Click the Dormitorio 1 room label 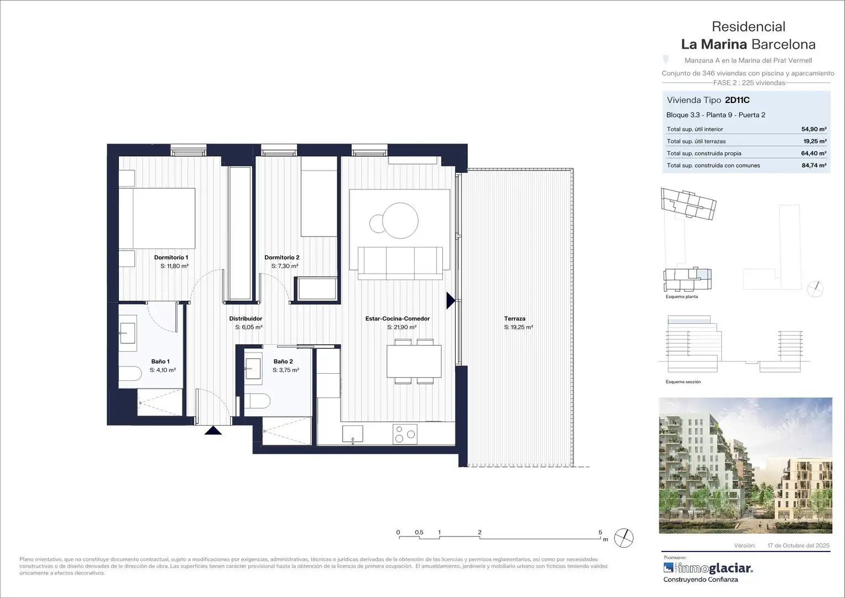[171, 257]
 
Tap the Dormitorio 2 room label [282, 257]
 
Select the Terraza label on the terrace [514, 318]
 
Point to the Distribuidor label [246, 318]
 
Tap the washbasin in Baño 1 [128, 333]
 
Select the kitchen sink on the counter [353, 434]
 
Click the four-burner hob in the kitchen [405, 434]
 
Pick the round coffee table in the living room [400, 220]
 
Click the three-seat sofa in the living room [400, 264]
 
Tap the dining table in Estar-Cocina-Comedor [414, 361]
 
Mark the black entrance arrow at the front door [213, 430]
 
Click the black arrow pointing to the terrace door [451, 301]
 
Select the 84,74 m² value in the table [814, 165]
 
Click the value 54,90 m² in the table [814, 129]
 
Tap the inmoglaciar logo [708, 568]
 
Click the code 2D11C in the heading [737, 100]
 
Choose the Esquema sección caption [683, 382]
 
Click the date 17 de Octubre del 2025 [799, 545]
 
